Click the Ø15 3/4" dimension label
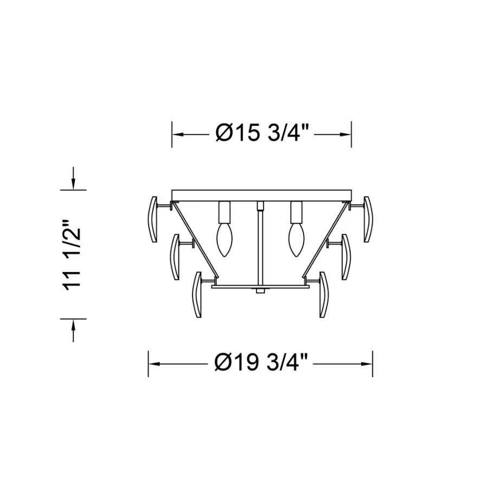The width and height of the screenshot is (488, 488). coord(262,133)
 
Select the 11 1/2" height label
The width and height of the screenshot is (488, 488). coord(73,256)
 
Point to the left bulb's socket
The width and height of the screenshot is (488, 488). coord(224,212)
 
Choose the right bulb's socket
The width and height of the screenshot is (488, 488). coord(296,212)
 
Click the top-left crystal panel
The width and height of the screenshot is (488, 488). coord(152,219)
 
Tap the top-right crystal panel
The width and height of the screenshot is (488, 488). coord(368,219)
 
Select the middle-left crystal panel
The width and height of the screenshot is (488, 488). coord(175,257)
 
